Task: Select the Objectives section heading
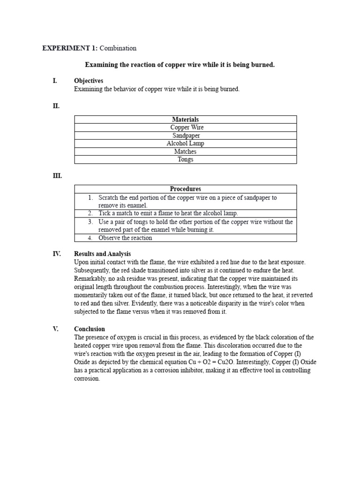click(89, 81)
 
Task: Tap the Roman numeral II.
click(56, 106)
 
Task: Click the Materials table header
click(185, 120)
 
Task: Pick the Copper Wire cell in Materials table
click(187, 127)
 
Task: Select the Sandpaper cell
click(186, 135)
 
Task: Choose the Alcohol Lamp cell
click(185, 143)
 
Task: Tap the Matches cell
click(185, 151)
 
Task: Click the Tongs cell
click(185, 159)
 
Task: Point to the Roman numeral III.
click(57, 176)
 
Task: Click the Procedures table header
click(185, 189)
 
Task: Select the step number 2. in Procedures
click(90, 213)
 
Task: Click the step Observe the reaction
click(125, 238)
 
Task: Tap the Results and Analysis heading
click(102, 254)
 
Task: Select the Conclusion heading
click(90, 329)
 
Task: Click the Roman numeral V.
click(55, 329)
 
